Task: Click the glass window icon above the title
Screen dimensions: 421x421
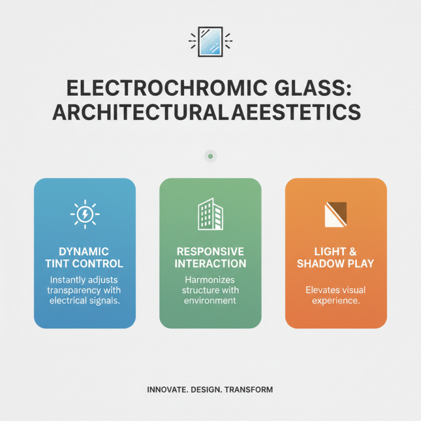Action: (210, 41)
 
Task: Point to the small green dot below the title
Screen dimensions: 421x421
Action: (210, 156)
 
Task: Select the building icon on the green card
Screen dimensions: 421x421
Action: (210, 214)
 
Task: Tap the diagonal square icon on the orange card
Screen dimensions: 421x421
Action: (336, 214)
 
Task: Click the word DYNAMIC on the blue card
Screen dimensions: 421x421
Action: (85, 252)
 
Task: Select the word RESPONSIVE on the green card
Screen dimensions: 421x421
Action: (210, 252)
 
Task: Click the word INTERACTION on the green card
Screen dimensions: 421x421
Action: (210, 263)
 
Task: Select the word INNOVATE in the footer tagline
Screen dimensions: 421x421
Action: (166, 390)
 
